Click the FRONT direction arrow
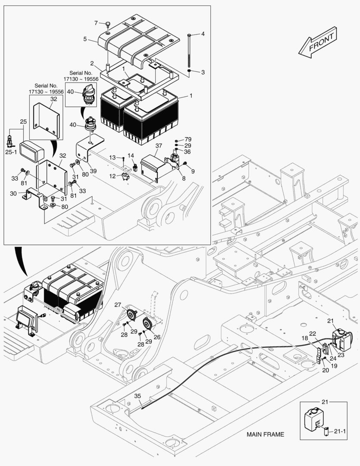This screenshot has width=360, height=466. click(318, 42)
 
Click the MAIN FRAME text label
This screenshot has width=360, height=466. click(265, 435)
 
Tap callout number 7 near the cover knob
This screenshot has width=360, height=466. click(96, 23)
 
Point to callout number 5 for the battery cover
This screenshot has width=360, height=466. click(85, 39)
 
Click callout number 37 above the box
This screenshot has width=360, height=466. click(159, 146)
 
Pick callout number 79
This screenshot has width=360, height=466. click(188, 139)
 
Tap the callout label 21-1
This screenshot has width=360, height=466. click(340, 431)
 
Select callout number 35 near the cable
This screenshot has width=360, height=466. click(138, 396)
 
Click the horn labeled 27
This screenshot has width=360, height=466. click(131, 315)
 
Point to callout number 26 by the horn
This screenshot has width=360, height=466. click(157, 337)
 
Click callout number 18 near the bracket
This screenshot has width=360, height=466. click(305, 338)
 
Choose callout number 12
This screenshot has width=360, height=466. click(112, 176)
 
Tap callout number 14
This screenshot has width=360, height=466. click(131, 156)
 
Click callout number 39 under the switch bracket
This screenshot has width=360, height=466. click(93, 171)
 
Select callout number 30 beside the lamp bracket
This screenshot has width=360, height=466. click(13, 194)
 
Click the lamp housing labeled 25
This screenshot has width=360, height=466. click(32, 151)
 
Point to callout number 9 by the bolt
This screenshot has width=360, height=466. click(193, 171)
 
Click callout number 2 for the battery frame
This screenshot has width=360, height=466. click(92, 63)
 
